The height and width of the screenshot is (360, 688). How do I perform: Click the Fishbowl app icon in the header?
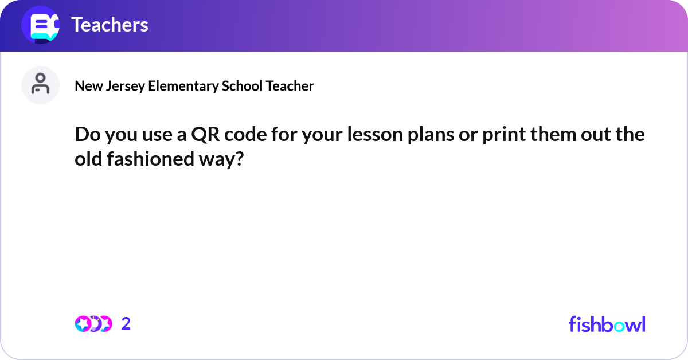41,25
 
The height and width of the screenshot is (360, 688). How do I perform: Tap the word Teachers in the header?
110,25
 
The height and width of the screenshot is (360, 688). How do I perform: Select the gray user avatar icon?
40,85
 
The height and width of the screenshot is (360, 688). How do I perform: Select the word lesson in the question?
366,135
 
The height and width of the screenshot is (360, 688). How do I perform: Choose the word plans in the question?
420,135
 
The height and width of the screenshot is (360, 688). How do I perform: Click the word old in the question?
87,159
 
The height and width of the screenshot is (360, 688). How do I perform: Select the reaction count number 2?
126,324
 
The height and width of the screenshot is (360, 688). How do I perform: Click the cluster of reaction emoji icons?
93,324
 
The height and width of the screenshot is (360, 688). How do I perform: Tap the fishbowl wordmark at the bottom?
607,324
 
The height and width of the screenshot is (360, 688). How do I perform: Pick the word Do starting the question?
85,135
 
